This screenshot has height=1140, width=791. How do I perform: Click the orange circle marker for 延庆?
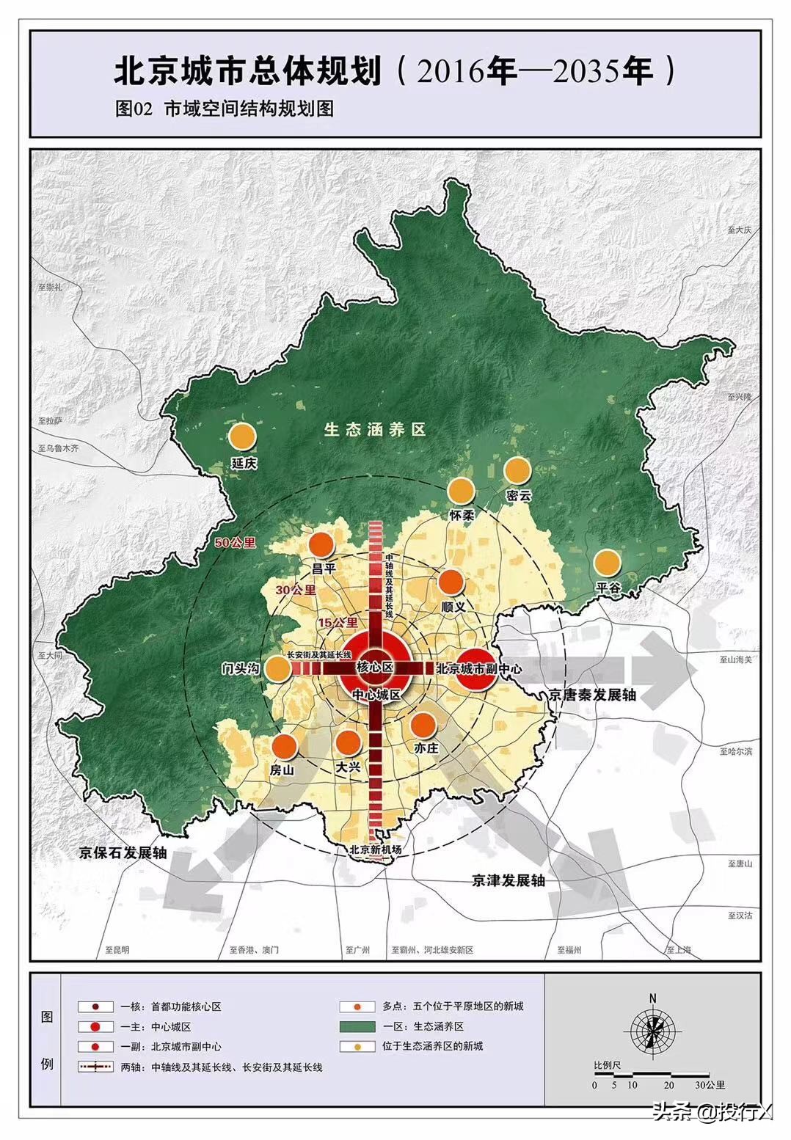point(242,436)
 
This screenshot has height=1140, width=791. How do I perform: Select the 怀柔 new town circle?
point(461,490)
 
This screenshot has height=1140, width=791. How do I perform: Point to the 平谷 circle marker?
point(608,563)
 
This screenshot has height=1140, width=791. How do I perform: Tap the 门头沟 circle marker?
point(277,668)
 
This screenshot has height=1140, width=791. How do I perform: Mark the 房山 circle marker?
point(284,746)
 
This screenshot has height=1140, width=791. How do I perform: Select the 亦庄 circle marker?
point(423,725)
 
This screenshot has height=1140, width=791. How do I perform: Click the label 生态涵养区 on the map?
point(375,430)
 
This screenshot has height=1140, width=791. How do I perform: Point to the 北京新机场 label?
point(376,849)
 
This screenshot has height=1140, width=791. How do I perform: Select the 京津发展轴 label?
point(508,880)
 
